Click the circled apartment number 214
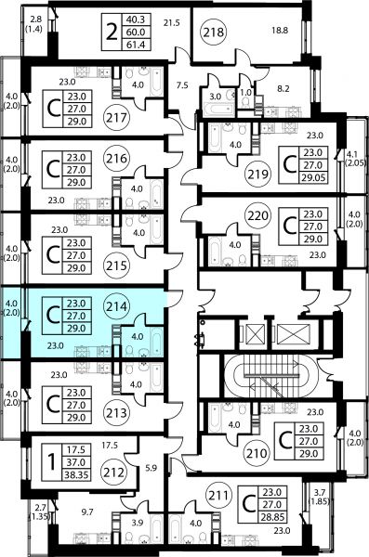[117, 306]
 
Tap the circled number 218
[214, 32]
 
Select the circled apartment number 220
[258, 215]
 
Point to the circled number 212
[114, 473]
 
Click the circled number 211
[219, 495]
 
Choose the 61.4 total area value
[136, 45]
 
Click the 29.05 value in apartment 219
[313, 177]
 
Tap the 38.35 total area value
[76, 474]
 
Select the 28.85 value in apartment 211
[272, 517]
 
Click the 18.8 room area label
[280, 31]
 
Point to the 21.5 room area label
[172, 23]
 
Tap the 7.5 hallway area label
[182, 85]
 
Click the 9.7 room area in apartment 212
[87, 512]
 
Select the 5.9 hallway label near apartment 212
[152, 468]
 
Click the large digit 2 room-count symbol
[112, 32]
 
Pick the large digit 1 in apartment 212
[52, 462]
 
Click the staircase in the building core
[270, 376]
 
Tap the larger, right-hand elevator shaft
[293, 334]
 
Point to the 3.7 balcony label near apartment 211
[320, 493]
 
